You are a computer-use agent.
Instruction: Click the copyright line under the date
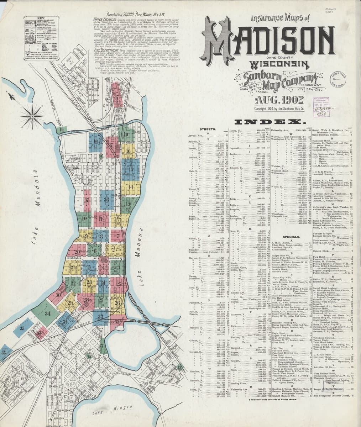pyautogui.click(x=279, y=108)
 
